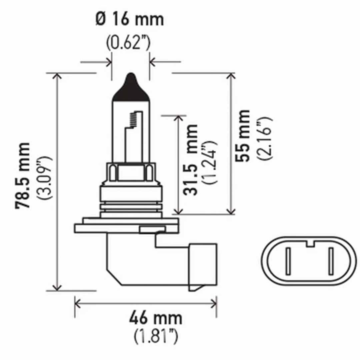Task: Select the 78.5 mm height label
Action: [23, 175]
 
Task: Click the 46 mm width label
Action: [156, 318]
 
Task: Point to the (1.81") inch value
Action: [156, 338]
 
